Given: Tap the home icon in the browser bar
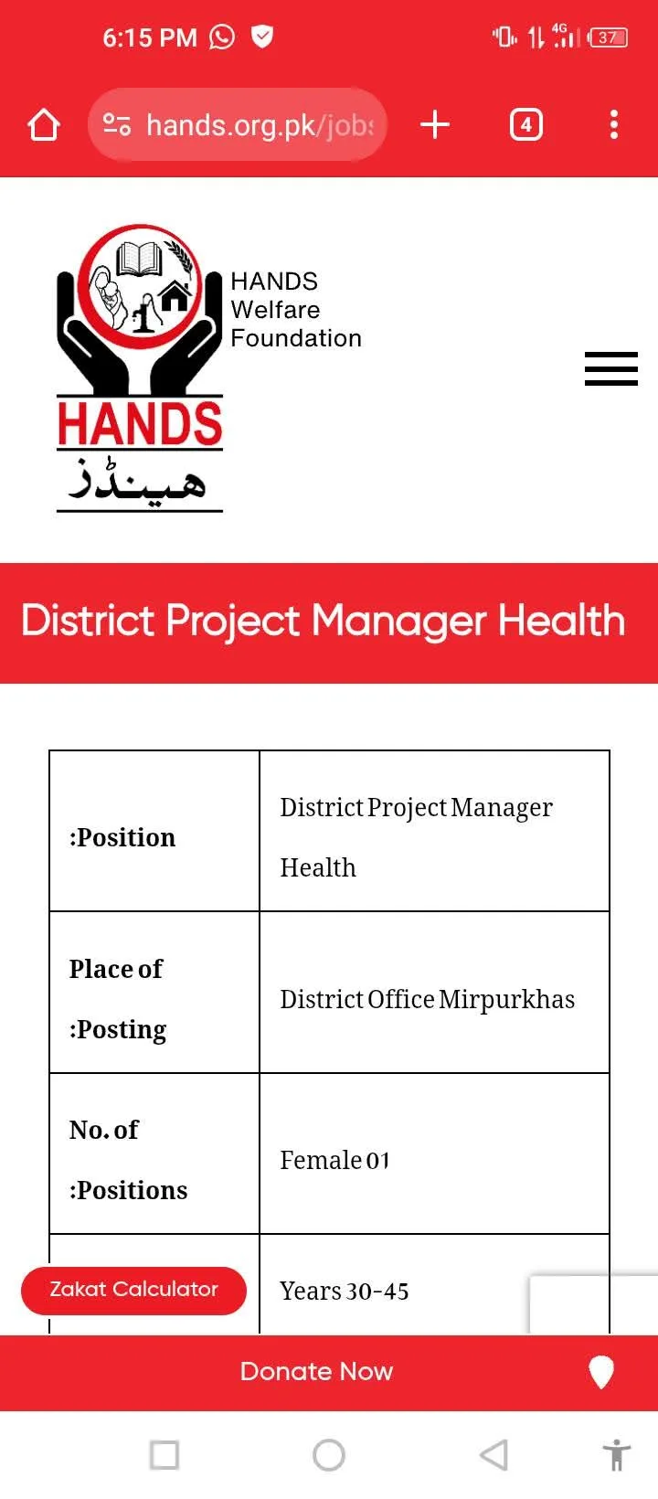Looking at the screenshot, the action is [44, 125].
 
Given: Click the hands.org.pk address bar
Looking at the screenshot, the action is [238, 124].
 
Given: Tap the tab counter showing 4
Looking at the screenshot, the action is [526, 124].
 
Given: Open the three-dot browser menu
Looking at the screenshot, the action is [614, 124].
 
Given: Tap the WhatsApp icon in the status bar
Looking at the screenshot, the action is [221, 37].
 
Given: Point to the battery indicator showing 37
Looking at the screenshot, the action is [607, 37].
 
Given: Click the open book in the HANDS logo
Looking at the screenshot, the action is [139, 259].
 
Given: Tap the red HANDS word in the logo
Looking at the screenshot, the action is [140, 423].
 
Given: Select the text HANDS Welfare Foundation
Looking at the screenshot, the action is [296, 310].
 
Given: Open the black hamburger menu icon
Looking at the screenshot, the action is [611, 368].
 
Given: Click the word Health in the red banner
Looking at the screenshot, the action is [562, 621].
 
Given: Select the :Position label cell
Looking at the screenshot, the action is [154, 831].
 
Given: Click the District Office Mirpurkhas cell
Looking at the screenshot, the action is [434, 993].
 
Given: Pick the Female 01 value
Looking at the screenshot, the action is [334, 1161].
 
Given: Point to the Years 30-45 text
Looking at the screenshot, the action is [344, 1291].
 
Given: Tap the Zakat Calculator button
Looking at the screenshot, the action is [133, 1290].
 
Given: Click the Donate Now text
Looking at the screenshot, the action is [316, 1371].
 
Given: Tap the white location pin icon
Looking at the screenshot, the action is [601, 1372].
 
